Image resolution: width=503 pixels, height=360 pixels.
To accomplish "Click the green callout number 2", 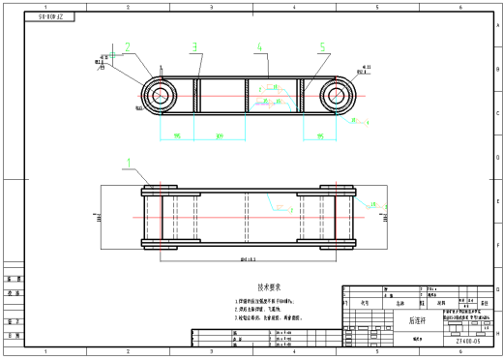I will (x=127, y=45).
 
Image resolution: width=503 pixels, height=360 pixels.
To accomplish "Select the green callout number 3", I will (x=194, y=45).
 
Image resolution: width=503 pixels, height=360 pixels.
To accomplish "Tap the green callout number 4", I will (x=259, y=45).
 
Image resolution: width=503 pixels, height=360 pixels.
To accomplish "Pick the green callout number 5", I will (x=322, y=45).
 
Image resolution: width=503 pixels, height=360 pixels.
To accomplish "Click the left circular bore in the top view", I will (x=158, y=96).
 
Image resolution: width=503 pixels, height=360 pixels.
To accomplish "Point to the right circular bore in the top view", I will (x=336, y=96).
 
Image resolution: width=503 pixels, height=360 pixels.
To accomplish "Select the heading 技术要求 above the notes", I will (x=269, y=287).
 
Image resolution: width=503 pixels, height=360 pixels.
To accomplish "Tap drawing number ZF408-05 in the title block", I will (x=469, y=341).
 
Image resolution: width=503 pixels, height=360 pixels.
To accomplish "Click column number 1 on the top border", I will (x=45, y=6).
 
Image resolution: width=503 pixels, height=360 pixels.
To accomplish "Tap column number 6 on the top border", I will (x=459, y=6).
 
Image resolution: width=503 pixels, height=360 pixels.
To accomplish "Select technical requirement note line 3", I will (x=268, y=316).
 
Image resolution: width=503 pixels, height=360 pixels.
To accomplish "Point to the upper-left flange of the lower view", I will (x=158, y=191).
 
